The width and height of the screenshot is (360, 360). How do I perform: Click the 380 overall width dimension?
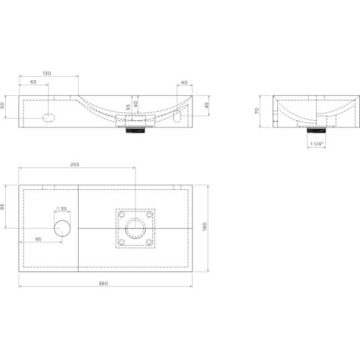pos(103,283)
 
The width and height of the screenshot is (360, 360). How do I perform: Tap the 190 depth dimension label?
pos(204,227)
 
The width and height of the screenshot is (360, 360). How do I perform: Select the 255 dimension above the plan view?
pos(75,164)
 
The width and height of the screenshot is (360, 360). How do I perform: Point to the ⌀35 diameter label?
pos(62,209)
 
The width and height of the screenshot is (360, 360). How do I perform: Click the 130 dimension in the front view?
pos(47,73)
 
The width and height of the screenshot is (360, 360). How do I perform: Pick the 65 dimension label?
pos(34,81)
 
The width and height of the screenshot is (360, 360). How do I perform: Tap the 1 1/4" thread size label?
pos(317,144)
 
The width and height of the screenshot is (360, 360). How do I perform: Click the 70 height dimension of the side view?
pos(257,110)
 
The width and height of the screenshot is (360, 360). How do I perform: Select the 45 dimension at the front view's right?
pos(207,105)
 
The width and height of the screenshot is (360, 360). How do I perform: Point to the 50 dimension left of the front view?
pos(2,105)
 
